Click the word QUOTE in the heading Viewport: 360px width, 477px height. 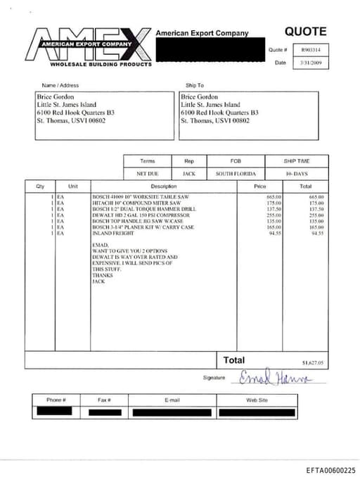click(305, 31)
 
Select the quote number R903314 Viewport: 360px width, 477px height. click(310, 50)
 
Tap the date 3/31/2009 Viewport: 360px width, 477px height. click(310, 63)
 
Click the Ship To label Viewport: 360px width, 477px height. click(194, 84)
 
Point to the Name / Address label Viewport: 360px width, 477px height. click(65, 84)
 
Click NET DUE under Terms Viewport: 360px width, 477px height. click(148, 173)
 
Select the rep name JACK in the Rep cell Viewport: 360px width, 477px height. click(189, 173)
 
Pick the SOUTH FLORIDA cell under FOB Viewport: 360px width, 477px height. click(236, 173)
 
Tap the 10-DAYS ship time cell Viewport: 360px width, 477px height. click(297, 173)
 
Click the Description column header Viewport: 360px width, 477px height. click(163, 186)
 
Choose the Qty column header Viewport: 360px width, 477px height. click(39, 186)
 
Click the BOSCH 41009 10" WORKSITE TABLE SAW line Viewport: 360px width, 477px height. click(141, 197)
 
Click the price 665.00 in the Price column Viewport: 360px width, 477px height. click(274, 197)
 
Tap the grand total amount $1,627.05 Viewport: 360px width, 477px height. click(312, 363)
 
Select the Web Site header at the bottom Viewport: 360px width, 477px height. click(256, 400)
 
